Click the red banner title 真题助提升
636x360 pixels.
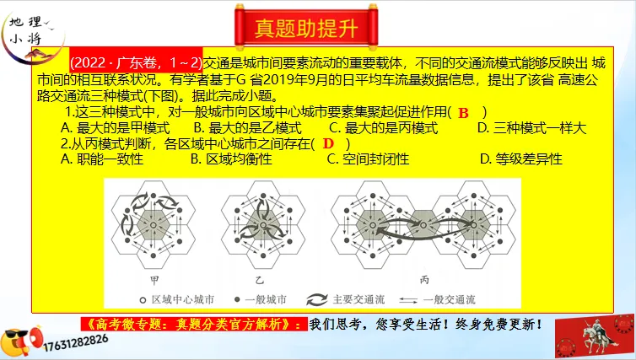317,25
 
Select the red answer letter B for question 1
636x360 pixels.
463,112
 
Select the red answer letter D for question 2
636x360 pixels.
328,143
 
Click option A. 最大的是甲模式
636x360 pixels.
116,128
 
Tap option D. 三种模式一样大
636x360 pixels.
531,128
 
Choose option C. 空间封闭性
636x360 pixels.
374,159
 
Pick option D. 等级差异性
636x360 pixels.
520,159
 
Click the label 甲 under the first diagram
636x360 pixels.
153,278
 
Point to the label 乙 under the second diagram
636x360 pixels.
254,278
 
